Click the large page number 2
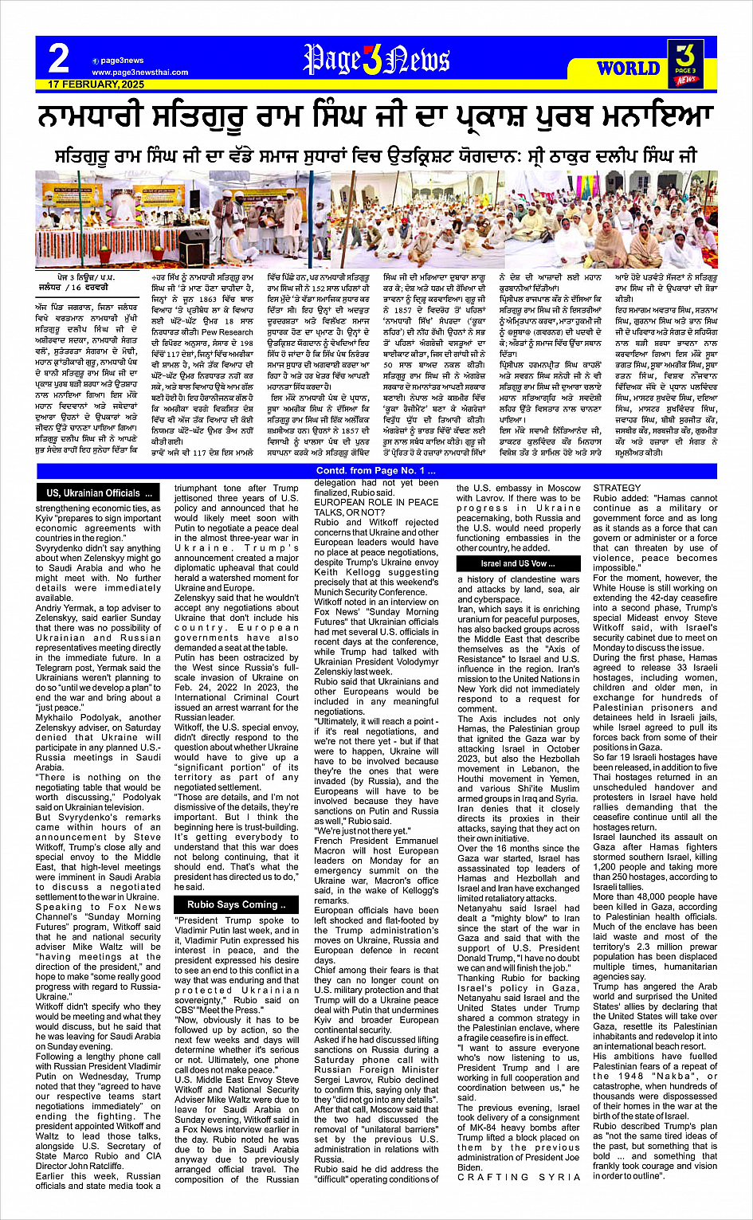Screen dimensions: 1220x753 (x=58, y=58)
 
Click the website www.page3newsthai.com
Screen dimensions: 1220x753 (x=139, y=72)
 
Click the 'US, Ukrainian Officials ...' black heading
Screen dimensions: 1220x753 (x=98, y=493)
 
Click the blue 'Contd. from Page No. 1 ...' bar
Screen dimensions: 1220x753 (x=376, y=472)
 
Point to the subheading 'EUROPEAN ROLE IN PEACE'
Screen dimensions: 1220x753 (x=376, y=502)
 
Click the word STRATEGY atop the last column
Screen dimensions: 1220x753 (x=617, y=488)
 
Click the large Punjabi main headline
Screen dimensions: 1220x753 (x=376, y=118)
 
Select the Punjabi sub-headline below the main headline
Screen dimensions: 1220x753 (x=376, y=154)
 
